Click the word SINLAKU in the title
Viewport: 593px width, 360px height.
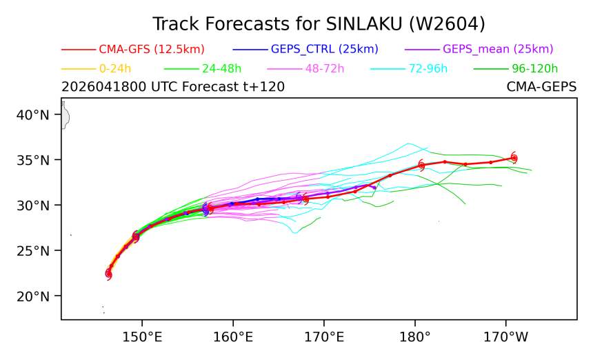click(364, 24)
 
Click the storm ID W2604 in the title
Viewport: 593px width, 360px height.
click(447, 24)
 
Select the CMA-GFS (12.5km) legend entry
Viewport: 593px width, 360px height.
click(133, 49)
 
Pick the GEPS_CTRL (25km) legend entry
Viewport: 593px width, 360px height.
click(305, 49)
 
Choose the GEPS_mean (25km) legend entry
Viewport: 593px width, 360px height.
click(479, 49)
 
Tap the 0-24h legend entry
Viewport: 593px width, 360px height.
click(97, 69)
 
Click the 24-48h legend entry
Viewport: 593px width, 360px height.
click(203, 69)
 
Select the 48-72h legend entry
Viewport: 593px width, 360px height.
click(305, 69)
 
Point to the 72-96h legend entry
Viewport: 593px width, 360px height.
click(409, 69)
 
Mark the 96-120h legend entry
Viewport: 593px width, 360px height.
click(516, 69)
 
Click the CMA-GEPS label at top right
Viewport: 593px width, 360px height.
click(541, 87)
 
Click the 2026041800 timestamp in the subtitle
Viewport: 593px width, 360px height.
click(103, 87)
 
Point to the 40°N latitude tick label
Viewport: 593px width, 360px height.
click(33, 114)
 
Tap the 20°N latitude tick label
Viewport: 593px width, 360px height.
click(33, 296)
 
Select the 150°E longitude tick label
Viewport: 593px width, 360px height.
click(142, 337)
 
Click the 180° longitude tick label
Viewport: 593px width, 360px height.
click(415, 337)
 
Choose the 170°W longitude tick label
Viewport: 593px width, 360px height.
click(506, 337)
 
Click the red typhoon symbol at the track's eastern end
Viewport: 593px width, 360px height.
click(514, 158)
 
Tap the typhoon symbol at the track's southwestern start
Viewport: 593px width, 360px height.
click(108, 273)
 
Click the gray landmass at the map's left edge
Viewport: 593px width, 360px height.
click(65, 115)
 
